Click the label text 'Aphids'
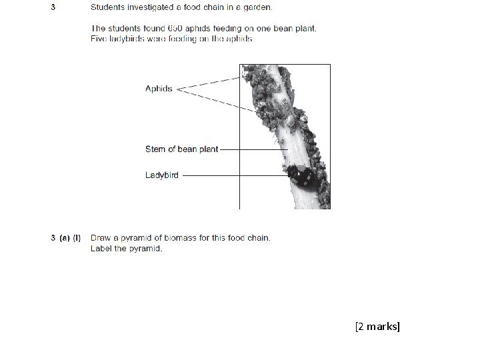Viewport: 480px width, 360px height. [x=159, y=89]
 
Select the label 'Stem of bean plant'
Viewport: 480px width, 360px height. [x=181, y=149]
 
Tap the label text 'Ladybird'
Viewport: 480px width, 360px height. [x=161, y=175]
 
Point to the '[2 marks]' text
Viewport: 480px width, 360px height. [x=378, y=326]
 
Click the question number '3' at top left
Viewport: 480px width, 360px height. [x=53, y=8]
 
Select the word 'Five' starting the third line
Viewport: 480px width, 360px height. [x=99, y=39]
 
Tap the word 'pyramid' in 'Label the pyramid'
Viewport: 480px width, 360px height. [x=146, y=249]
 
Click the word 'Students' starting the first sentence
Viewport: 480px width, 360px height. [x=109, y=8]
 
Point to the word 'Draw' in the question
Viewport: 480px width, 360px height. [x=101, y=238]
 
